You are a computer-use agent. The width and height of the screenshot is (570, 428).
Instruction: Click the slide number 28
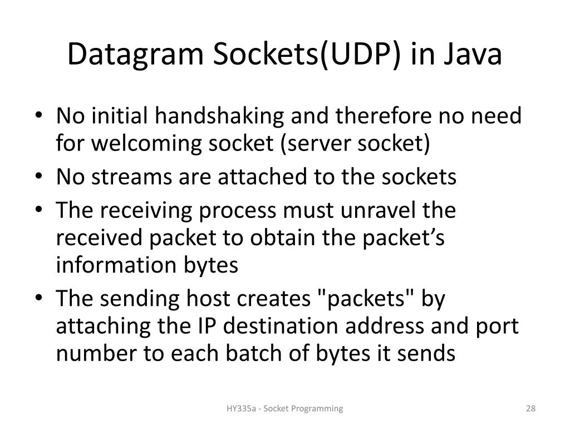(x=530, y=409)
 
